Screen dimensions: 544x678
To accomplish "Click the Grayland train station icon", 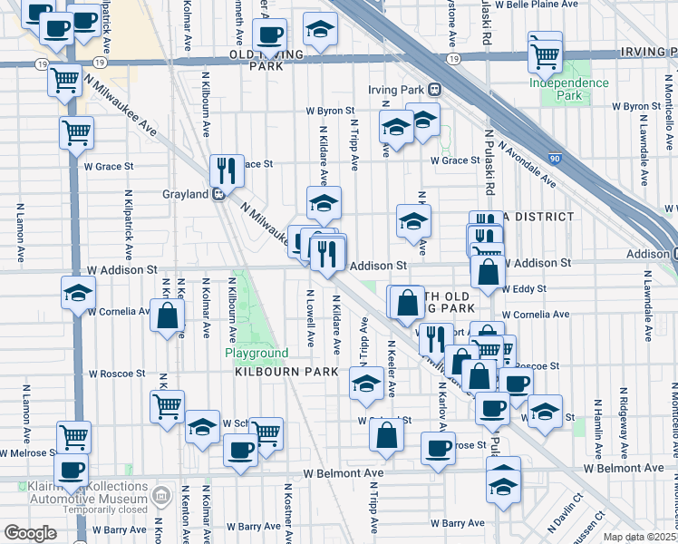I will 218,193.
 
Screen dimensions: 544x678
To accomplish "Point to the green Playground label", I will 257,353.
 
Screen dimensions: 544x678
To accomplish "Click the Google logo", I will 30,533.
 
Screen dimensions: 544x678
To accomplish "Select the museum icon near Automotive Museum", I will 161,496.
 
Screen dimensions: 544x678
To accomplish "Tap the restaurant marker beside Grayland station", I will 225,170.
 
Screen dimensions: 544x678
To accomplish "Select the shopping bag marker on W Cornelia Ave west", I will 167,317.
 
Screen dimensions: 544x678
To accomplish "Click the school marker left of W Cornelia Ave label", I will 78,293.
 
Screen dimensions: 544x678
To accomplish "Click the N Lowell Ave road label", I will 310,318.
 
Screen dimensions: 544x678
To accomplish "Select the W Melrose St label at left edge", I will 27,452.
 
